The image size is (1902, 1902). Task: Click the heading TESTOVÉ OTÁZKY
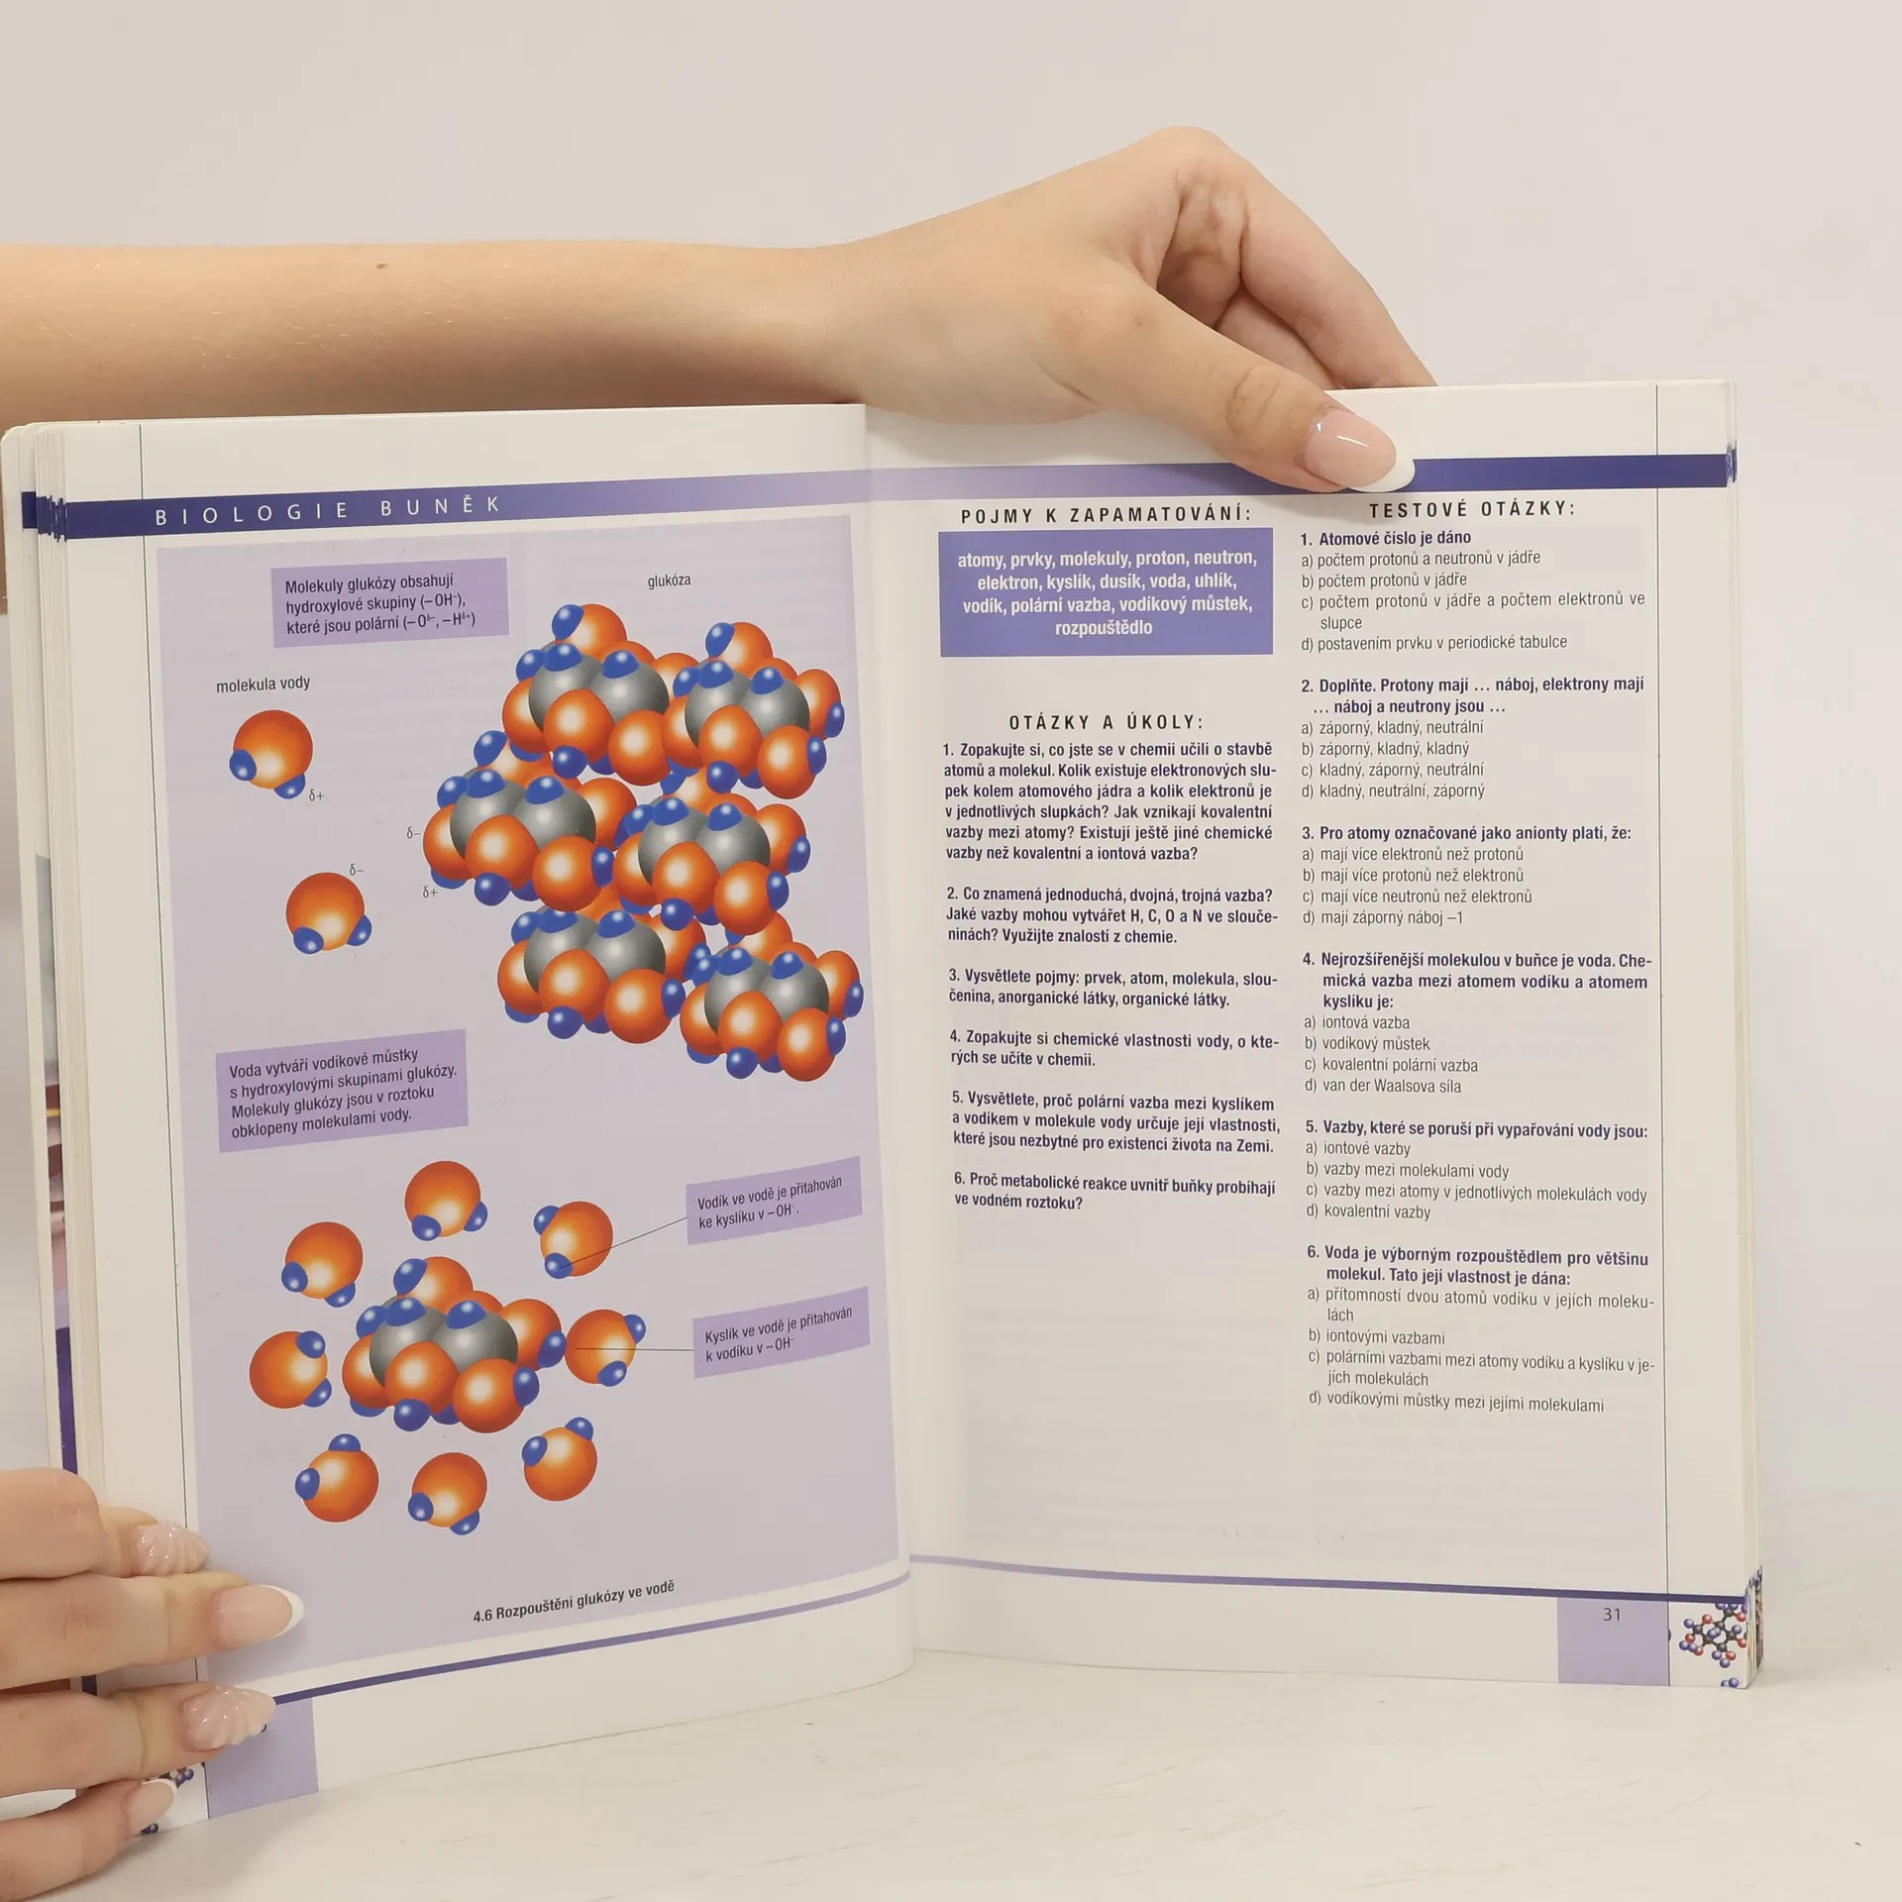click(x=1472, y=510)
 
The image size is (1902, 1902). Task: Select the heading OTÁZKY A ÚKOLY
click(x=1106, y=722)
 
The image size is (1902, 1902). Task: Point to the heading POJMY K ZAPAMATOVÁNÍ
click(x=1106, y=515)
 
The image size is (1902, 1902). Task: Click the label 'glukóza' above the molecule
click(x=669, y=581)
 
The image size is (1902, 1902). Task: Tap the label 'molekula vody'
click(x=263, y=684)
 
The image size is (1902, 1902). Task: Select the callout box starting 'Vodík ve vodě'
click(x=774, y=1200)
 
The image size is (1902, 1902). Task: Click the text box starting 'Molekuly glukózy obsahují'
click(x=389, y=602)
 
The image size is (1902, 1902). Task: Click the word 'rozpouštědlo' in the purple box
click(x=1104, y=627)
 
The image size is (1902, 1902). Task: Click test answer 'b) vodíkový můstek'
click(x=1367, y=1044)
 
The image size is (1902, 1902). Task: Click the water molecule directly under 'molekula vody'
click(x=268, y=752)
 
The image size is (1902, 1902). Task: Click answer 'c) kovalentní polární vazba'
click(x=1391, y=1066)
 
